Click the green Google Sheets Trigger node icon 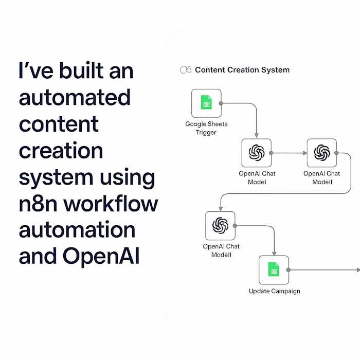(206, 103)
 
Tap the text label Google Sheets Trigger (206, 128)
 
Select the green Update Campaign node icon (274, 270)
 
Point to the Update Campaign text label (274, 291)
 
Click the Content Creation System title (242, 70)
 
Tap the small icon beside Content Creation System (186, 70)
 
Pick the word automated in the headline (75, 97)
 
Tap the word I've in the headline (35, 70)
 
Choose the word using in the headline (128, 177)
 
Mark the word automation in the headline (77, 230)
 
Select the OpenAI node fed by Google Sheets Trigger (256, 153)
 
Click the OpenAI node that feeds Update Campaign (220, 225)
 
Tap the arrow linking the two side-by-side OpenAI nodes (288, 153)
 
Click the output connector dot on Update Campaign (289, 269)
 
